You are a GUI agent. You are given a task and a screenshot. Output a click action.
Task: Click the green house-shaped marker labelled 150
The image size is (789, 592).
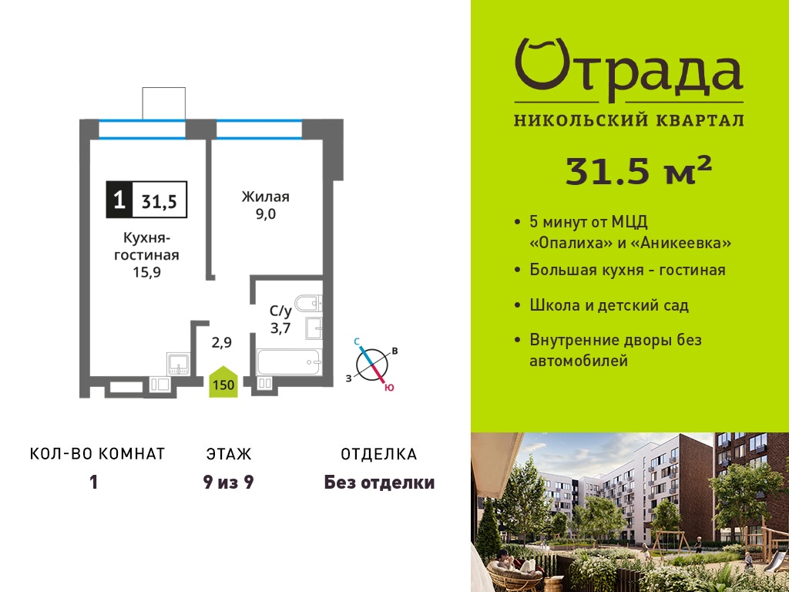point(223,382)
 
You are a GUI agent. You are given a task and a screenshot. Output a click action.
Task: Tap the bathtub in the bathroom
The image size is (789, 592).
point(289,362)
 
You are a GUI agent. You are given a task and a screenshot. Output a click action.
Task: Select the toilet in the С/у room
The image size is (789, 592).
point(308,303)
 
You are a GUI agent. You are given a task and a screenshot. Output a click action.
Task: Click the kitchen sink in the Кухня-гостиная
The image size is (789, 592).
point(178,364)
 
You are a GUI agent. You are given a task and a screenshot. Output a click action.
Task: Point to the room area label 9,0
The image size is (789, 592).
point(265,215)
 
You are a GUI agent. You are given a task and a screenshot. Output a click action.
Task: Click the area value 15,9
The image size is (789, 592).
point(146,273)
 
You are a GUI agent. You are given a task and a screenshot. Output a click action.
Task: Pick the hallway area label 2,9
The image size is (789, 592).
point(221,343)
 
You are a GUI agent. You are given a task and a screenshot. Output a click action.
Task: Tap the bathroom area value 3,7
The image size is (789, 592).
point(280,328)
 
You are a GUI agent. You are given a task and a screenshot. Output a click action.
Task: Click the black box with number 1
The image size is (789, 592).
point(119,200)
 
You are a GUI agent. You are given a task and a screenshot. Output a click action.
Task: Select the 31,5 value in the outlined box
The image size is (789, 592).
point(159,201)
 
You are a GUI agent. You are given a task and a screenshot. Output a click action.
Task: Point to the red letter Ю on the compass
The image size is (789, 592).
point(388,388)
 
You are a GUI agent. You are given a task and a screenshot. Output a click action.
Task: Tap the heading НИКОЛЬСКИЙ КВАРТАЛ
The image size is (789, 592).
point(629,120)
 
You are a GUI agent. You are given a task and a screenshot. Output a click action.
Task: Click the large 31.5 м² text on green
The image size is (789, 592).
point(639,170)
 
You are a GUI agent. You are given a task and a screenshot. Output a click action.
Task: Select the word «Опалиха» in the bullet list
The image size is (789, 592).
point(571,243)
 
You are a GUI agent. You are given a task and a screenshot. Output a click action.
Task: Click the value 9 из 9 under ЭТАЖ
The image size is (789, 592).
point(228,483)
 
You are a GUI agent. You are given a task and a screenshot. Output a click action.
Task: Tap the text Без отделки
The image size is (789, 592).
point(379,483)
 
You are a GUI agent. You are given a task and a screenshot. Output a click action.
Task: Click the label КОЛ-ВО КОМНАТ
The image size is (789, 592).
point(98,453)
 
